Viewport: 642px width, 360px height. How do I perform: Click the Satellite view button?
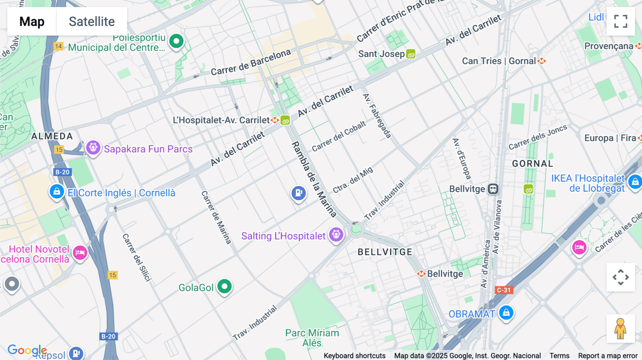(92, 21)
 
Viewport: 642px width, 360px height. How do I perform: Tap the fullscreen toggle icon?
(621, 21)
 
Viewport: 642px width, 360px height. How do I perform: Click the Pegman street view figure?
(620, 329)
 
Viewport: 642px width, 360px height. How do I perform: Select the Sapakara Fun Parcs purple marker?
(93, 147)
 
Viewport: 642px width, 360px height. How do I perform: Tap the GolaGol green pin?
(224, 286)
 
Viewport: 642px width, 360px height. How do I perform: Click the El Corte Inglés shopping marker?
(57, 192)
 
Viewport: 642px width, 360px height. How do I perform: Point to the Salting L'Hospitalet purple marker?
(336, 235)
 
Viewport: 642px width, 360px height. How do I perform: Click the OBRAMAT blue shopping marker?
(506, 313)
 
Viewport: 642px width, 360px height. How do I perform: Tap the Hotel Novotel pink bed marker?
(80, 253)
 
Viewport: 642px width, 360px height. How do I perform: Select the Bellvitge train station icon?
(493, 189)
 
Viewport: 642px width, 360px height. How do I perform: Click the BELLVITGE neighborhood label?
(385, 252)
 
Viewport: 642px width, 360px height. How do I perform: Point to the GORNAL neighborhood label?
(533, 164)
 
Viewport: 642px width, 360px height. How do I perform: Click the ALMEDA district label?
(52, 136)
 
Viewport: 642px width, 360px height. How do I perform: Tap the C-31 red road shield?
(504, 290)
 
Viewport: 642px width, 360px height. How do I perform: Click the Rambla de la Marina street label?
(314, 179)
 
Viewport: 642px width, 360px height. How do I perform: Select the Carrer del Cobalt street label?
(338, 136)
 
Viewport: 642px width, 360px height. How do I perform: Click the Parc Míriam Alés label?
(312, 338)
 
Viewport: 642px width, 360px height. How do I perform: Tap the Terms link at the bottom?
(559, 355)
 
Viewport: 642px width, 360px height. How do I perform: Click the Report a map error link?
(607, 355)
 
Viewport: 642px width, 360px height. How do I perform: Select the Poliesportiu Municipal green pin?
(176, 41)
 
